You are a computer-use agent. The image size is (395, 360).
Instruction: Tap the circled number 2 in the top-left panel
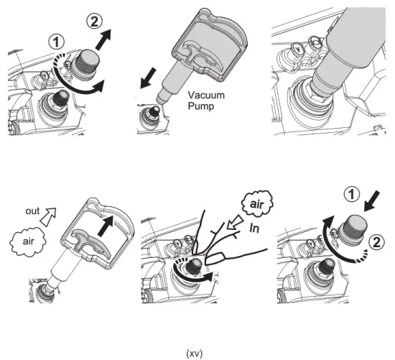[x=94, y=21]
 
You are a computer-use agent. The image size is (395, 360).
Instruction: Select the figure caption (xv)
[x=195, y=352]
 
